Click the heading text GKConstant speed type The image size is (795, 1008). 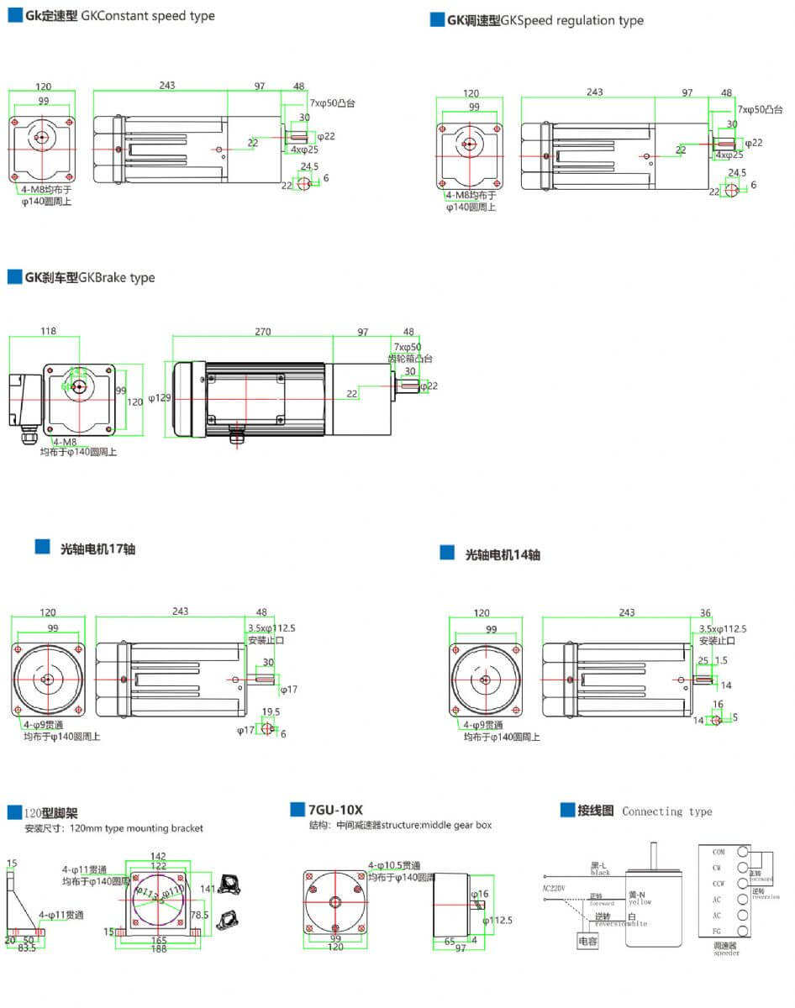(148, 16)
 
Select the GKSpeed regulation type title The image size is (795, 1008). (571, 20)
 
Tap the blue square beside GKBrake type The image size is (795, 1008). (14, 277)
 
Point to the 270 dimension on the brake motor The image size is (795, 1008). (263, 332)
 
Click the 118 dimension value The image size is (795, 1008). (48, 331)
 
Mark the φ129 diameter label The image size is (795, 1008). (160, 396)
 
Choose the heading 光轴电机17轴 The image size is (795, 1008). (97, 549)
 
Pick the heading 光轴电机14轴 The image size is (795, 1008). (503, 554)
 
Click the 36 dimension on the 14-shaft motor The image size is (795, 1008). (705, 612)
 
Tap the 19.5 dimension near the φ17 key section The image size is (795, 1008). (271, 711)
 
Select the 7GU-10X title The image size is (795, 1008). (335, 810)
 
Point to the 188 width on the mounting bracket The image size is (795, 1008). (158, 949)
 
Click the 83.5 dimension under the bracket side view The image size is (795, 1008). (27, 948)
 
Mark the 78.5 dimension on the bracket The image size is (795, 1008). (200, 915)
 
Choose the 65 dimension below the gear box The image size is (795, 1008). (450, 943)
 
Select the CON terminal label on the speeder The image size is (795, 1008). (719, 852)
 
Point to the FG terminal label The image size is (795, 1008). (718, 931)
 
